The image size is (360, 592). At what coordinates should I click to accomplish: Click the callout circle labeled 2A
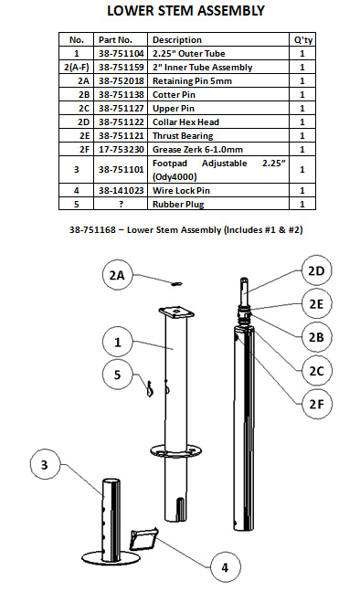[x=117, y=275]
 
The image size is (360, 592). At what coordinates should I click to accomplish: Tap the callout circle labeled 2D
[x=316, y=270]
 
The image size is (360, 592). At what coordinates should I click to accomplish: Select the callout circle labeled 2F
[x=316, y=404]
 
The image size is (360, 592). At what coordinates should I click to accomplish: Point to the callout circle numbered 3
[x=45, y=464]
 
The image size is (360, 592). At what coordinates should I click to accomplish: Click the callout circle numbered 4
[x=225, y=567]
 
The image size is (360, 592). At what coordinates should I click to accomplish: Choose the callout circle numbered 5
[x=117, y=375]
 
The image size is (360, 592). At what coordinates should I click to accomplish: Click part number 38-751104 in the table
[x=121, y=54]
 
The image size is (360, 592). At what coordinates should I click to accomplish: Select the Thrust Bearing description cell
[x=183, y=136]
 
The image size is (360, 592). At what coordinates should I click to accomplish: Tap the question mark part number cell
[x=121, y=205]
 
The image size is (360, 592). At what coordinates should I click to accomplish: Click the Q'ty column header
[x=303, y=40]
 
